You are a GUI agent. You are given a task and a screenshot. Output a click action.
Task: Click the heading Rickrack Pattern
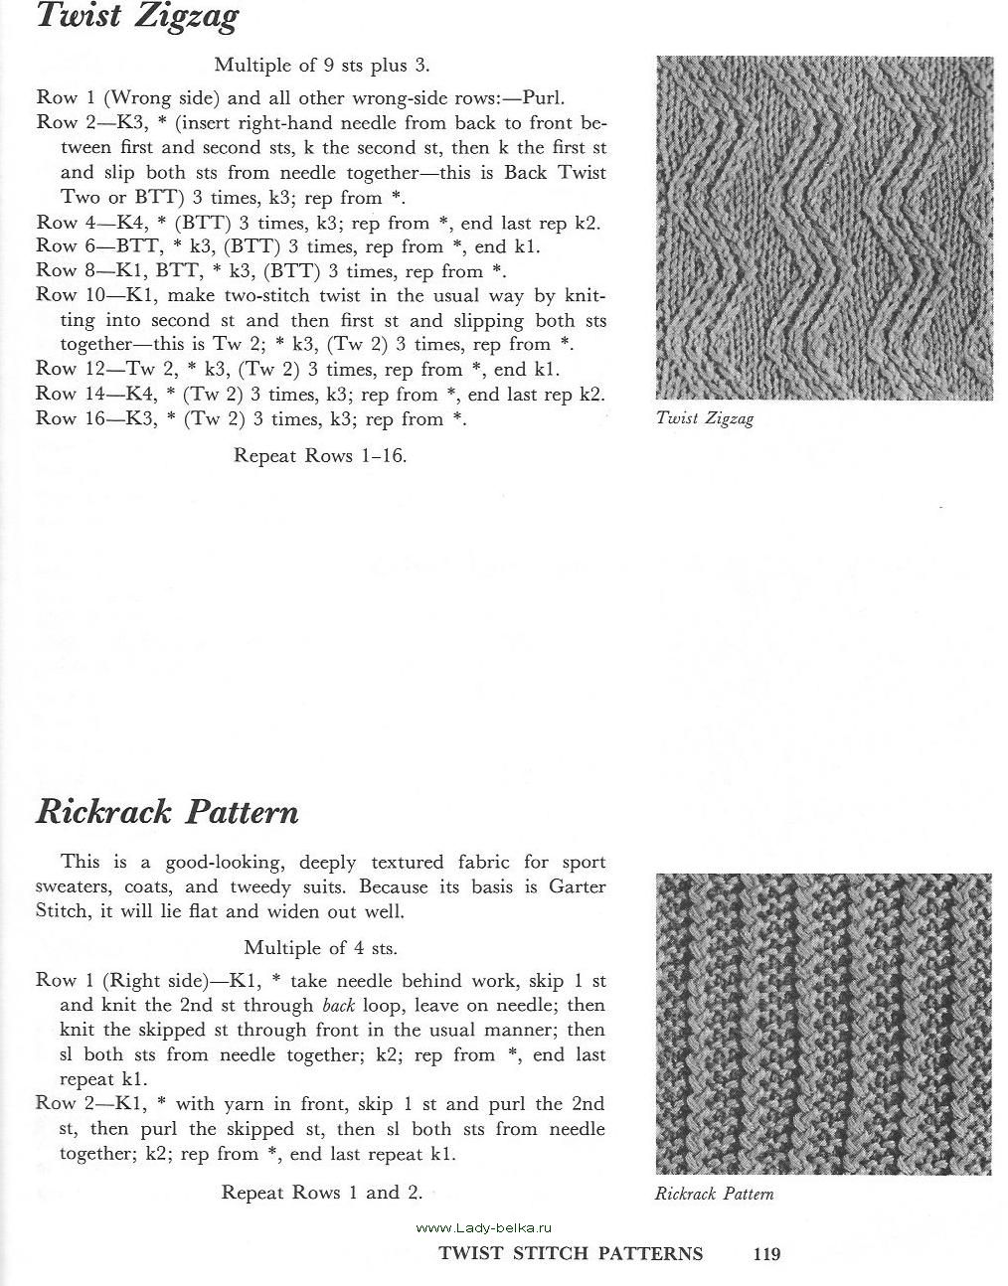(x=167, y=812)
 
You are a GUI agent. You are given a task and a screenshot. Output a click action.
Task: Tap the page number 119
(x=766, y=1254)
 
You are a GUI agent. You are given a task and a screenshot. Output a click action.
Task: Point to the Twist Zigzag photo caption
(x=705, y=418)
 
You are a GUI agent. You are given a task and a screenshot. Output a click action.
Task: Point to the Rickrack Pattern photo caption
(x=714, y=1194)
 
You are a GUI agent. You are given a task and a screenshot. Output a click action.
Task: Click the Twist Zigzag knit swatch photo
(x=824, y=228)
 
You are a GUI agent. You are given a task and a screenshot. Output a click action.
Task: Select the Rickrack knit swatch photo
(x=823, y=1024)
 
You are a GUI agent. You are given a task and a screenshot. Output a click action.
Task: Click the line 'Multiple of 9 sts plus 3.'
(x=322, y=66)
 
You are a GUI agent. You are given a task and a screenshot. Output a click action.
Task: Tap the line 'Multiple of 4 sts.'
(x=320, y=947)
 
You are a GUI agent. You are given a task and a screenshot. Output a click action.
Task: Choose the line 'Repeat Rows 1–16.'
(x=320, y=455)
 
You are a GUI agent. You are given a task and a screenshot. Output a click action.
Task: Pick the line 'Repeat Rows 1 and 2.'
(x=322, y=1192)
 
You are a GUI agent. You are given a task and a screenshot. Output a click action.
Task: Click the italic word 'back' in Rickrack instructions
(x=339, y=1006)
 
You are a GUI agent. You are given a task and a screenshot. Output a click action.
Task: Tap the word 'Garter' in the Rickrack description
(x=578, y=885)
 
